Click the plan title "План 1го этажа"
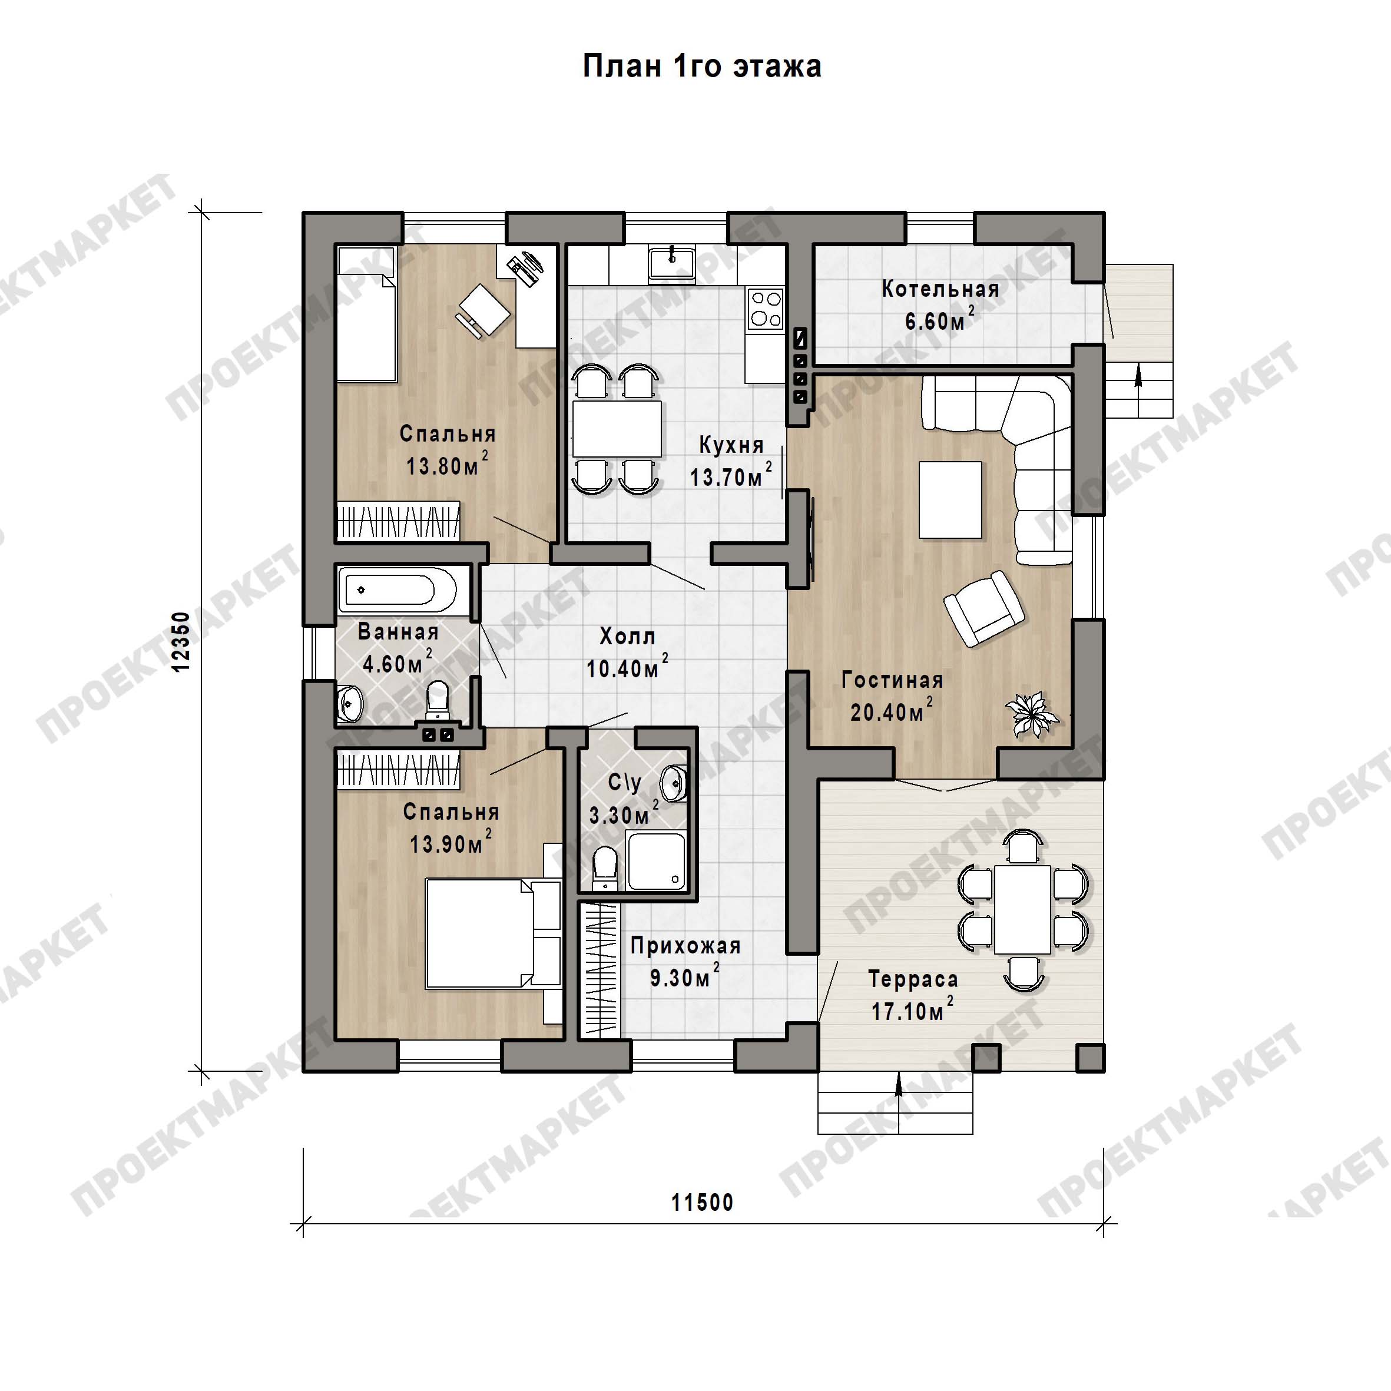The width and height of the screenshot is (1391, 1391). [x=701, y=66]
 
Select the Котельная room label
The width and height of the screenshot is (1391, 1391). [x=940, y=289]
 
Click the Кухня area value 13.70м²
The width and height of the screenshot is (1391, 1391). [x=731, y=476]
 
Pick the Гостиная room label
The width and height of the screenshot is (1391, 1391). [x=892, y=680]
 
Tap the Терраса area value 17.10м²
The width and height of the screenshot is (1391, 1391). [x=912, y=1011]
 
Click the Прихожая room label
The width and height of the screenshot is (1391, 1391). [x=685, y=946]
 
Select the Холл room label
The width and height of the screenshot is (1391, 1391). [x=628, y=637]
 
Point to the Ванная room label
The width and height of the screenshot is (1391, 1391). [x=398, y=632]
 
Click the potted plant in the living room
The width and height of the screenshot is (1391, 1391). [x=1032, y=714]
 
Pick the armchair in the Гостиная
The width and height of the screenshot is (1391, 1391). [x=984, y=608]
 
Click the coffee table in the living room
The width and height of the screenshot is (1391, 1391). [x=950, y=499]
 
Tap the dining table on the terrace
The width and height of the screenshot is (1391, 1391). [x=1022, y=909]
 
